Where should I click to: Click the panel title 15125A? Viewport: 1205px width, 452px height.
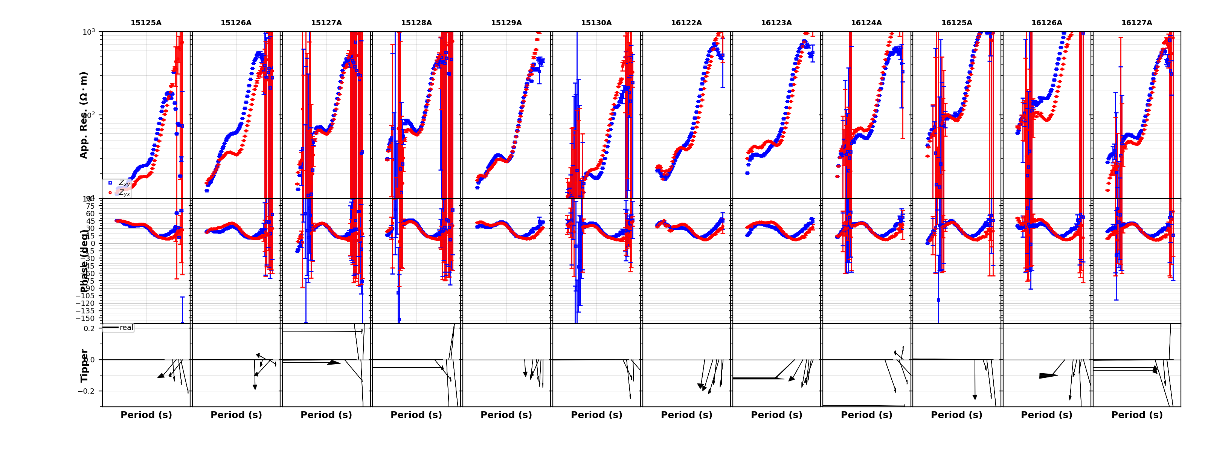pyautogui.click(x=146, y=23)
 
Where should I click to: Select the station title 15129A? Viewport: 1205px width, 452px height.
pyautogui.click(x=506, y=23)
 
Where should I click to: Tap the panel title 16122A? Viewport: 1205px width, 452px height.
pyautogui.click(x=686, y=23)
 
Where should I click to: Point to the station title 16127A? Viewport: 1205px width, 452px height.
pyautogui.click(x=1137, y=23)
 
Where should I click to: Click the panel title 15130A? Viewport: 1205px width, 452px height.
pyautogui.click(x=596, y=23)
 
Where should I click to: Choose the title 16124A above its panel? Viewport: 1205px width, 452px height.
pyautogui.click(x=866, y=23)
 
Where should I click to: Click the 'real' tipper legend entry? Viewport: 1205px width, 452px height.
pyautogui.click(x=126, y=328)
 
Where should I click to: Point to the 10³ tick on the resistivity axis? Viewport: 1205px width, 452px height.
pyautogui.click(x=89, y=32)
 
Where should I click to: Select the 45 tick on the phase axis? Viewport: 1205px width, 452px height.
pyautogui.click(x=90, y=221)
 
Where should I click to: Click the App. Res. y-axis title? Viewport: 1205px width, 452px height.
pyautogui.click(x=84, y=115)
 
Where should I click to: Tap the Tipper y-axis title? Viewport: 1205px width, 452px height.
pyautogui.click(x=84, y=365)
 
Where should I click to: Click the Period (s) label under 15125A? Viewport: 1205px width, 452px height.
pyautogui.click(x=146, y=415)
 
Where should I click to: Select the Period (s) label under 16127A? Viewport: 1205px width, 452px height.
pyautogui.click(x=1137, y=415)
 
